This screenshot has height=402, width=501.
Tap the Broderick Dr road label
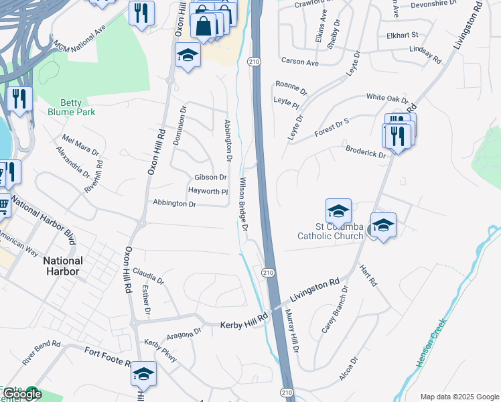coord(366,151)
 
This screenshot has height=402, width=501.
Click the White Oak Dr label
coord(386,97)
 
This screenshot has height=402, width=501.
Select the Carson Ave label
coord(299,62)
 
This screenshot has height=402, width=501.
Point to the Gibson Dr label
coord(210,178)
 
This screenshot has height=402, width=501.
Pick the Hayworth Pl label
coord(208,191)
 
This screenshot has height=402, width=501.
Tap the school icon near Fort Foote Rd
coord(143,375)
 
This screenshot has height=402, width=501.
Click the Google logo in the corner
coord(21,395)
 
